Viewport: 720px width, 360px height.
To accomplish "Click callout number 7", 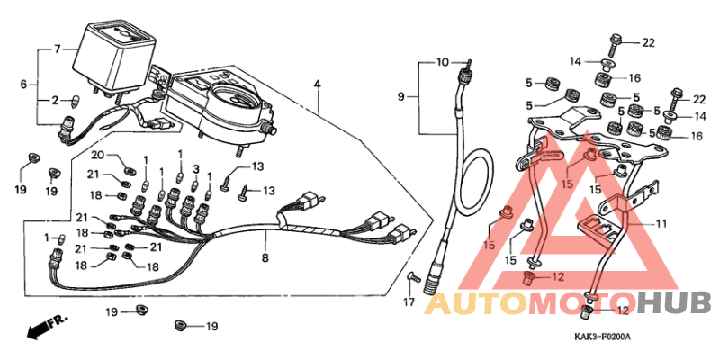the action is (x=58, y=49).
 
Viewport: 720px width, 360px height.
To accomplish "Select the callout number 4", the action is (x=318, y=85).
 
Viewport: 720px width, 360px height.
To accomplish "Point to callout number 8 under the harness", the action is (x=265, y=258).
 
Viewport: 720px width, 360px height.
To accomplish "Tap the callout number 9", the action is (x=401, y=97).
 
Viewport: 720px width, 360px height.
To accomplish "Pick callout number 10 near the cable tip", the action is (x=442, y=62).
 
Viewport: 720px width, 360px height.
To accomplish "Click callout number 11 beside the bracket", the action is (x=661, y=224).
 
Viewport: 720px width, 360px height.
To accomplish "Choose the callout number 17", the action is (x=409, y=302).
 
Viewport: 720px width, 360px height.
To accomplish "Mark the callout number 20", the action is (x=98, y=155).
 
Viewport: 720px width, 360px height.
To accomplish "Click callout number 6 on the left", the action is (x=24, y=85).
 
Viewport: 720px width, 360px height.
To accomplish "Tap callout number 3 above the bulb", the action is (x=196, y=170).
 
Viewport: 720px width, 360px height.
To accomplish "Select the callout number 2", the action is (x=55, y=101).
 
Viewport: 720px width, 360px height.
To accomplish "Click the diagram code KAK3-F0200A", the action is (x=602, y=337).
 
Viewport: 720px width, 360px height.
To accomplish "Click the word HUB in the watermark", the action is (x=675, y=303).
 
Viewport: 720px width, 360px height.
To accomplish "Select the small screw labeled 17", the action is (x=415, y=277).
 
